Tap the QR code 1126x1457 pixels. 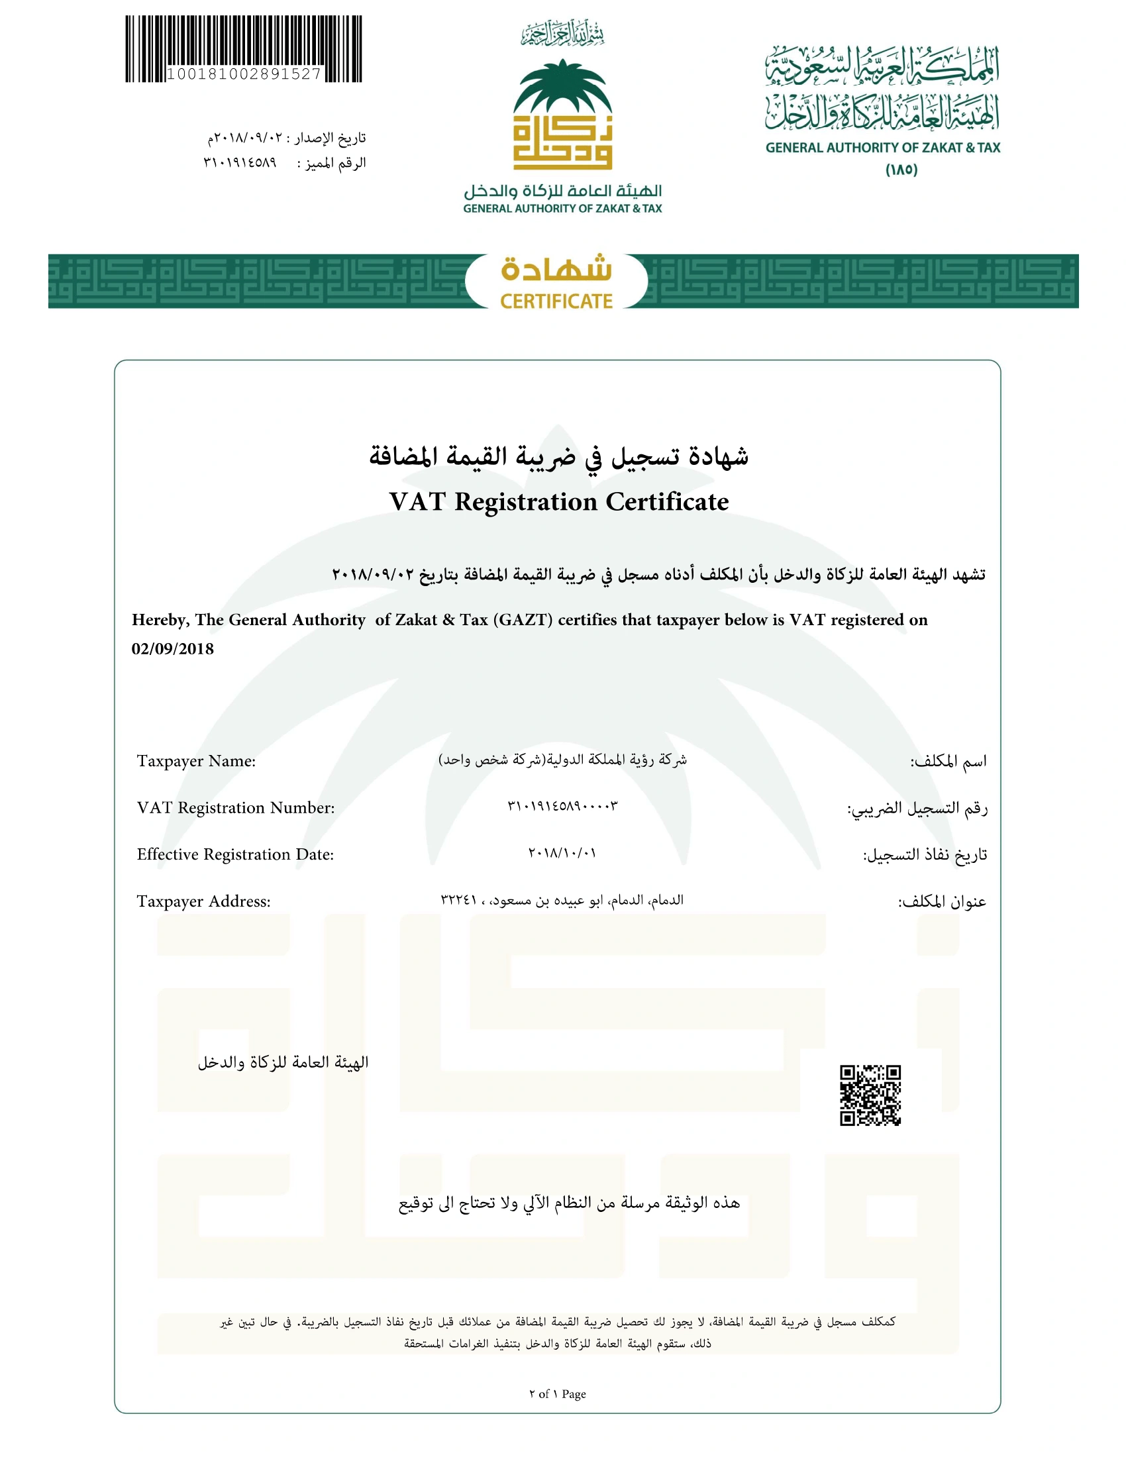click(x=870, y=1095)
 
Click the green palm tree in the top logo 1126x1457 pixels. click(x=562, y=87)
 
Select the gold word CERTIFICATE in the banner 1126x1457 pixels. click(x=556, y=301)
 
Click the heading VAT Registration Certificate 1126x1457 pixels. click(x=559, y=502)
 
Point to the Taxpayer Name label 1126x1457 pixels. click(x=196, y=761)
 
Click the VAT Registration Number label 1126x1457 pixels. click(x=236, y=808)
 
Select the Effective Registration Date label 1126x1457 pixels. click(x=235, y=854)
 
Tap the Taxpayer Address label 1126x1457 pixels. click(x=203, y=901)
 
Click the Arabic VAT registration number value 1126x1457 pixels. click(x=562, y=807)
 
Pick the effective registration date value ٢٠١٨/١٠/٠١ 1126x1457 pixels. click(x=562, y=853)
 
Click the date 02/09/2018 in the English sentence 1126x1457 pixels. click(x=173, y=649)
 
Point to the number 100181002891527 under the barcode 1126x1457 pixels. click(x=244, y=74)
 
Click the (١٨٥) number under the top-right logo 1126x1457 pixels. click(x=901, y=170)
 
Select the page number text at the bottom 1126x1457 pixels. click(x=558, y=1393)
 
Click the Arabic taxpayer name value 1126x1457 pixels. click(x=562, y=760)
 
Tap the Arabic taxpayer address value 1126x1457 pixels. click(x=562, y=900)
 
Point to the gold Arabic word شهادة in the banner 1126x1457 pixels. click(x=556, y=270)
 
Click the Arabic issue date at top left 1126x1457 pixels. click(x=287, y=138)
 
